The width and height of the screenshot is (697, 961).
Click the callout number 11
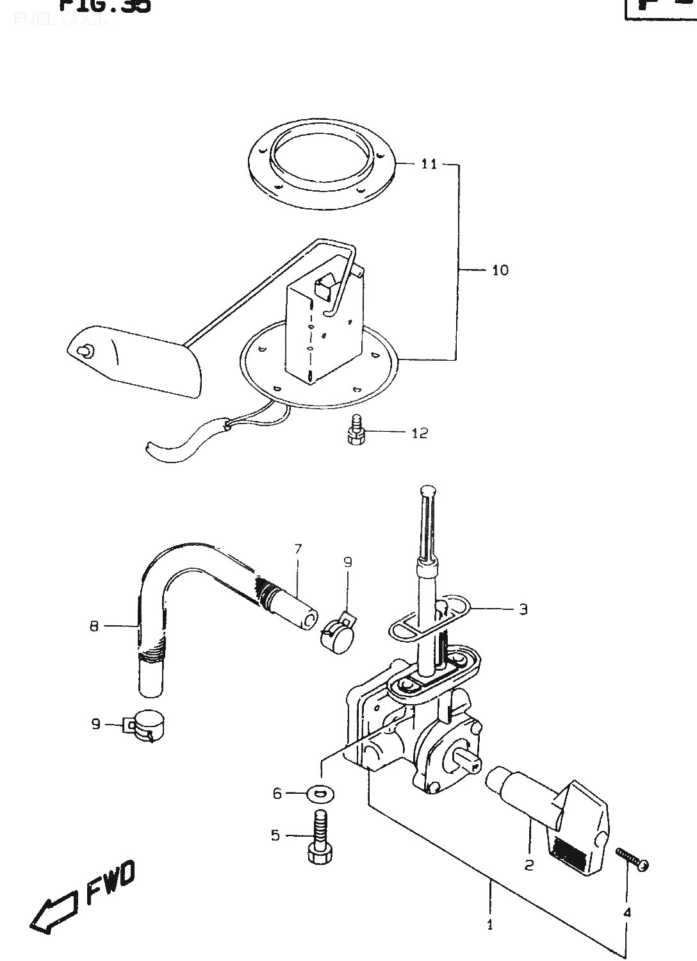[x=429, y=165]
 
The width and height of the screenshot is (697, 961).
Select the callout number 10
[x=500, y=270]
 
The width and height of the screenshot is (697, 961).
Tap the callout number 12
[x=420, y=434]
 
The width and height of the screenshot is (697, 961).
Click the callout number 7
[x=297, y=548]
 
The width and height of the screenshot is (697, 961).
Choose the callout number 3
[x=523, y=609]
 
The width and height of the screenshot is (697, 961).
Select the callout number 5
[x=275, y=835]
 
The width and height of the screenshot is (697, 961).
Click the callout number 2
[x=529, y=866]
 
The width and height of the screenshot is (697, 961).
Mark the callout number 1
[x=490, y=924]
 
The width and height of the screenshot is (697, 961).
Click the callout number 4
[x=627, y=912]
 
